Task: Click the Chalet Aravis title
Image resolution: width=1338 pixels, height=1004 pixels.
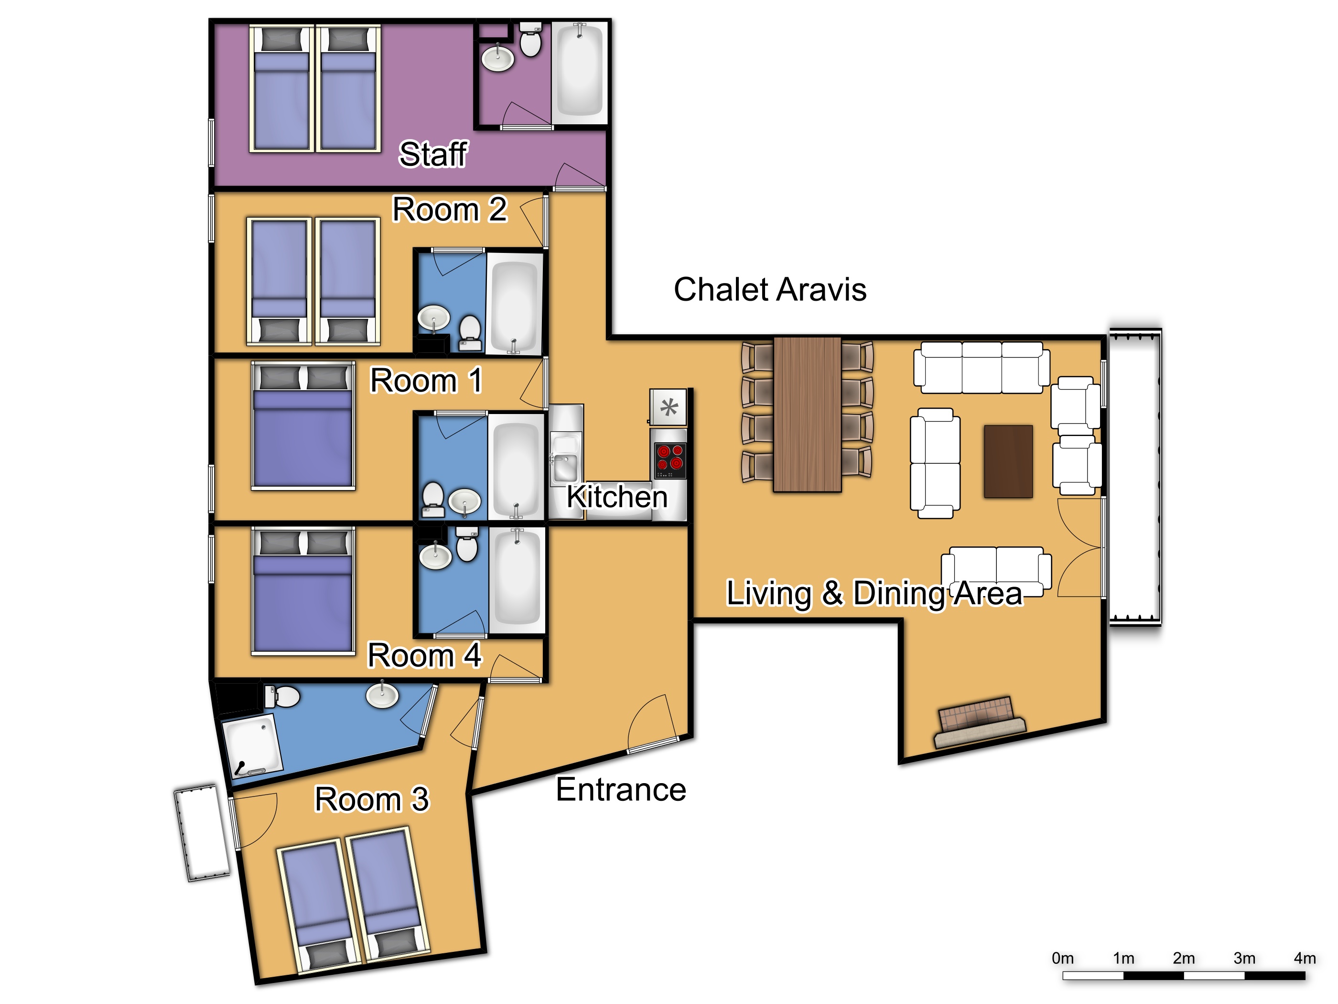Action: click(770, 289)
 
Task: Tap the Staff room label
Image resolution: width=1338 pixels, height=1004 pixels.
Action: click(433, 154)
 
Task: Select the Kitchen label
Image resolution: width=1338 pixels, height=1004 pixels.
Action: click(617, 497)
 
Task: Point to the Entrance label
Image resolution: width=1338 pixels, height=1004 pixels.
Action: click(621, 789)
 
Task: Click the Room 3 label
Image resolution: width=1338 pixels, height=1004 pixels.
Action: click(372, 799)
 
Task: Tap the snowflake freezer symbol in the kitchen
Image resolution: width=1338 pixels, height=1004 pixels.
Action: click(669, 407)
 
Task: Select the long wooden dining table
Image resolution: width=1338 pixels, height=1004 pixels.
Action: click(808, 415)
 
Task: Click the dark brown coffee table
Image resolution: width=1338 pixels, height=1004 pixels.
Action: click(1008, 461)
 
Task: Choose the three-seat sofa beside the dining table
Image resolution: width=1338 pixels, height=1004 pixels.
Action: click(981, 367)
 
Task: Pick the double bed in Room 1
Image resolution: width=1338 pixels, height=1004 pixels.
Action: click(303, 426)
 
